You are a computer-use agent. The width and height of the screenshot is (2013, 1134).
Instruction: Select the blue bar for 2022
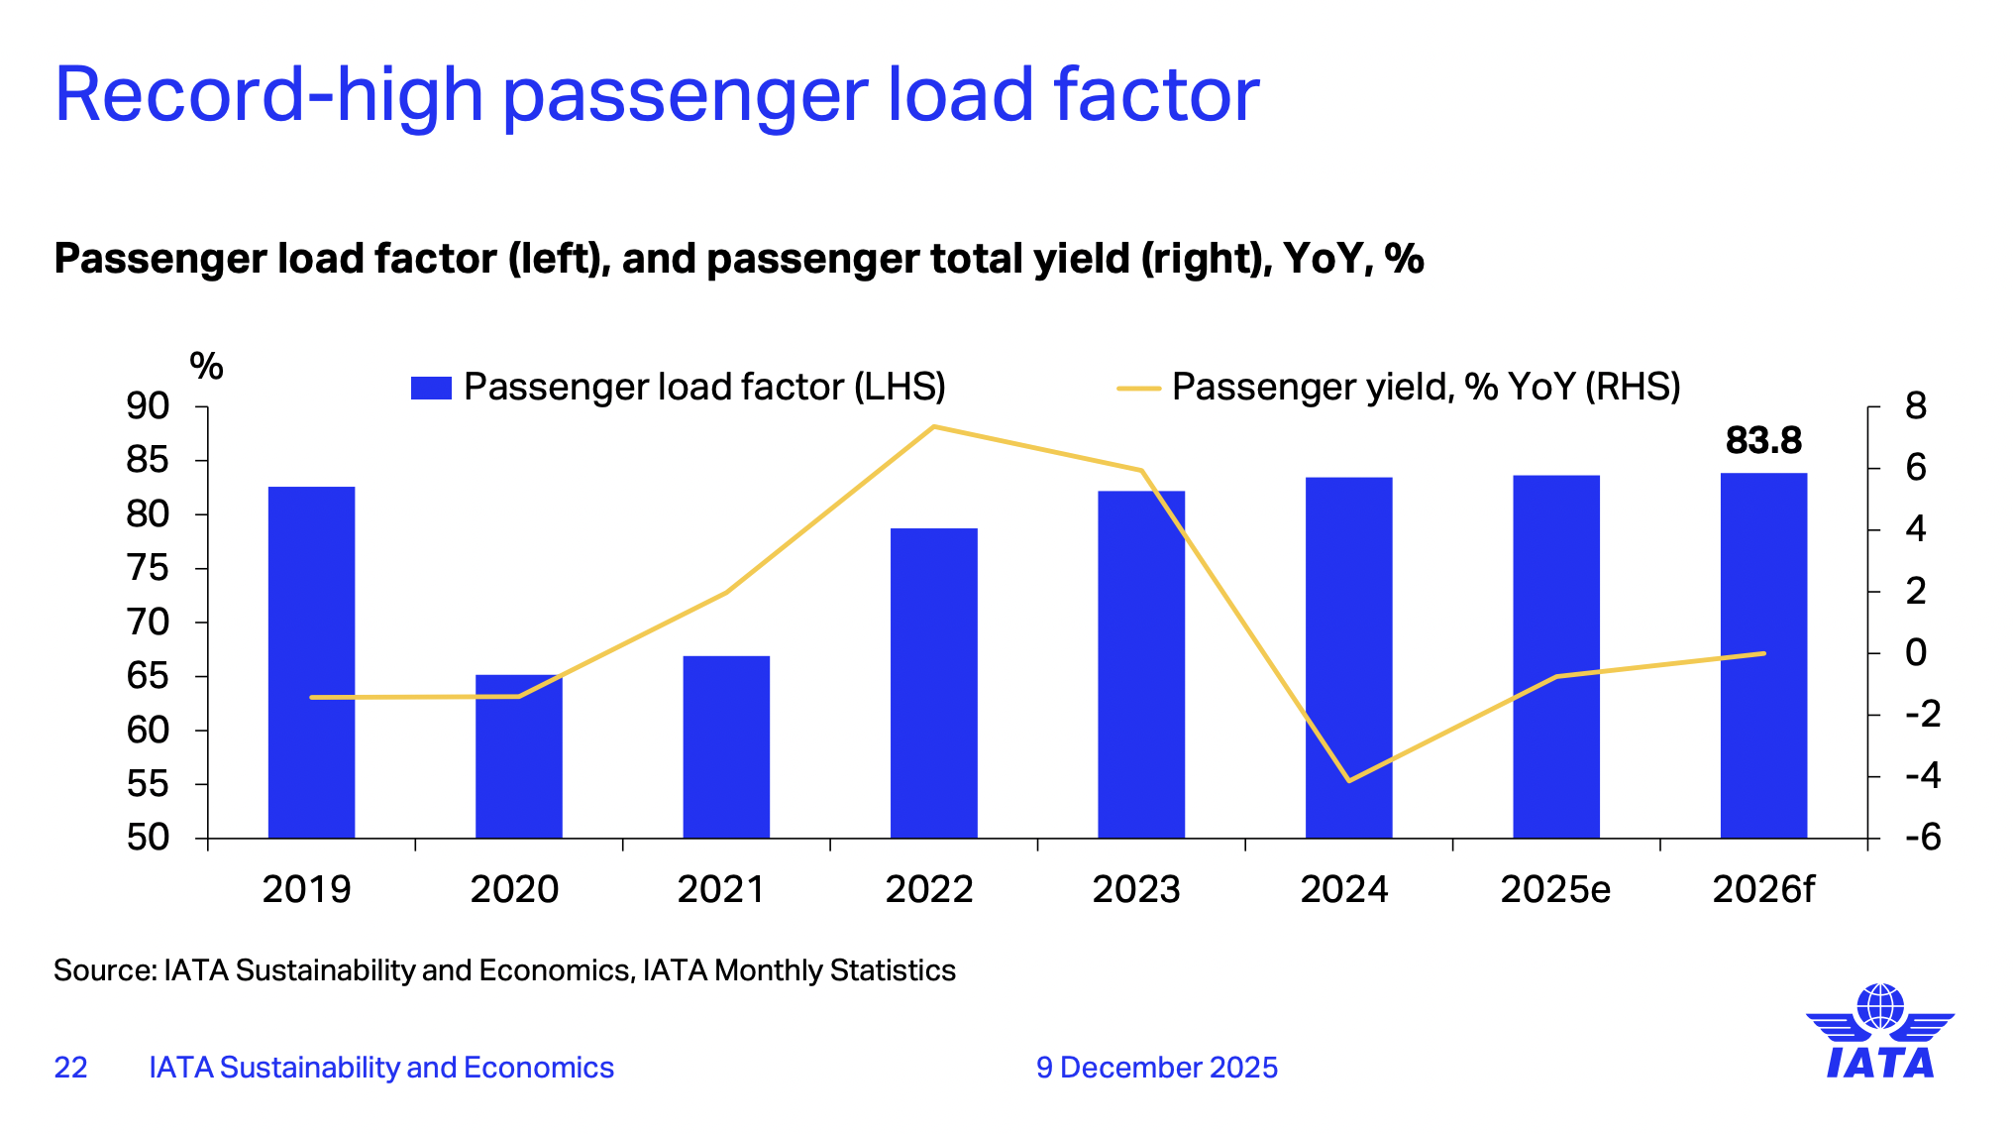[933, 683]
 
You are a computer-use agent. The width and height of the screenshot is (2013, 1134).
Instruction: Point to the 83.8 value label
[1763, 441]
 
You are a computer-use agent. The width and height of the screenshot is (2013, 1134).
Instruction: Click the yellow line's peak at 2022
[933, 427]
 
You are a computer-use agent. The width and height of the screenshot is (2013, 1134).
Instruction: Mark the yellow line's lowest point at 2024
[1349, 781]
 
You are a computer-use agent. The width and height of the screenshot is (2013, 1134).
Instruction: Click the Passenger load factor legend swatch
[431, 388]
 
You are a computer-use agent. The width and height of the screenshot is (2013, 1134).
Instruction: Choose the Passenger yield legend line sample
[1138, 388]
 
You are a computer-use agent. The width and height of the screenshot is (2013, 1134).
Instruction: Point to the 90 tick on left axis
[148, 406]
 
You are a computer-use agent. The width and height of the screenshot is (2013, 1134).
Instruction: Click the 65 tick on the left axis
[148, 677]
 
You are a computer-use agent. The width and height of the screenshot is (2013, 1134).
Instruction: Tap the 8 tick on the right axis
[1916, 406]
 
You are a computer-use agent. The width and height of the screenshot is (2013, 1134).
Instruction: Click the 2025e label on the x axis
[1555, 889]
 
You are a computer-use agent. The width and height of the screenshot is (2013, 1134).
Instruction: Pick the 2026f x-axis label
[1763, 889]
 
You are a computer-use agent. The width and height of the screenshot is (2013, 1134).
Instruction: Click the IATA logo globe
[1879, 1007]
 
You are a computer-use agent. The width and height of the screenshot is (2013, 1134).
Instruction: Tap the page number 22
[70, 1068]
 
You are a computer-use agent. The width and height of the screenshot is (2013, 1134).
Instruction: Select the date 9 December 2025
[1157, 1068]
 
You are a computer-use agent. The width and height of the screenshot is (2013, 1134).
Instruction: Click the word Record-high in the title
[267, 95]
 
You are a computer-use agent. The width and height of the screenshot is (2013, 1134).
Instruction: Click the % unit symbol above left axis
[206, 366]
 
